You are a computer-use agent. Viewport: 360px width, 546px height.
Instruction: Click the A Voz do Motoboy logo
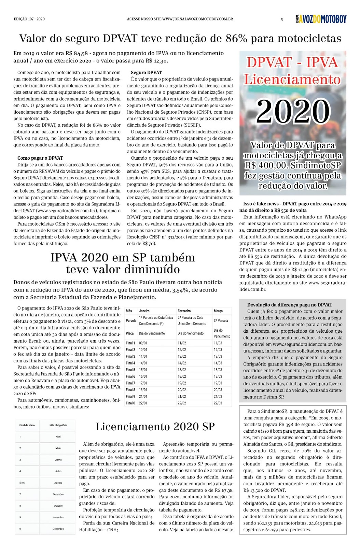tap(321, 19)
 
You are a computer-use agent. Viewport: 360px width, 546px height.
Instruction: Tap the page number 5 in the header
tap(282, 19)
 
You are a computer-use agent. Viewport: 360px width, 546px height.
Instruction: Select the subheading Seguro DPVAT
tap(146, 72)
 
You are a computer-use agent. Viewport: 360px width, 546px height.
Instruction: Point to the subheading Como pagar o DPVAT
tap(40, 158)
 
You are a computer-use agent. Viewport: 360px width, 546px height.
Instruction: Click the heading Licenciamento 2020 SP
tap(155, 427)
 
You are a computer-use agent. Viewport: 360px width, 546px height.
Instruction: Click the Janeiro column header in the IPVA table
tap(144, 311)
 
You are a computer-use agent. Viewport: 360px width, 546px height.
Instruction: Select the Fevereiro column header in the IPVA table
tap(184, 311)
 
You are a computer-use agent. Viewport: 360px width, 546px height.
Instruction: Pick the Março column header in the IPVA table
tap(218, 311)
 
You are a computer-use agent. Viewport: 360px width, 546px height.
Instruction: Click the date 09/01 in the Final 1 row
tap(143, 343)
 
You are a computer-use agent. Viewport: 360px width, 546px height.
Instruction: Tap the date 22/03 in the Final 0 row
tap(218, 403)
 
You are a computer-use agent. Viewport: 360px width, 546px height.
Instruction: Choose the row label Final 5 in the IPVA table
tap(130, 370)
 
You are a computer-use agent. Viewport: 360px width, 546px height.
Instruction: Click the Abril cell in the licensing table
tap(58, 437)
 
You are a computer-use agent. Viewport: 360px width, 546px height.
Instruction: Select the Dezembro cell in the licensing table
tap(58, 529)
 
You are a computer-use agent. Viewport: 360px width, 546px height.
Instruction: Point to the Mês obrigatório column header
tap(58, 425)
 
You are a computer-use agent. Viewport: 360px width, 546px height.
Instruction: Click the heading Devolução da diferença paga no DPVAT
tap(290, 305)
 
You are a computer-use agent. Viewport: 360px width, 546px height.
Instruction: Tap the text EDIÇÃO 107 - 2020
tap(29, 19)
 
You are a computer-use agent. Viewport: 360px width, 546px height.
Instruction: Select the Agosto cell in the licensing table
tap(58, 483)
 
